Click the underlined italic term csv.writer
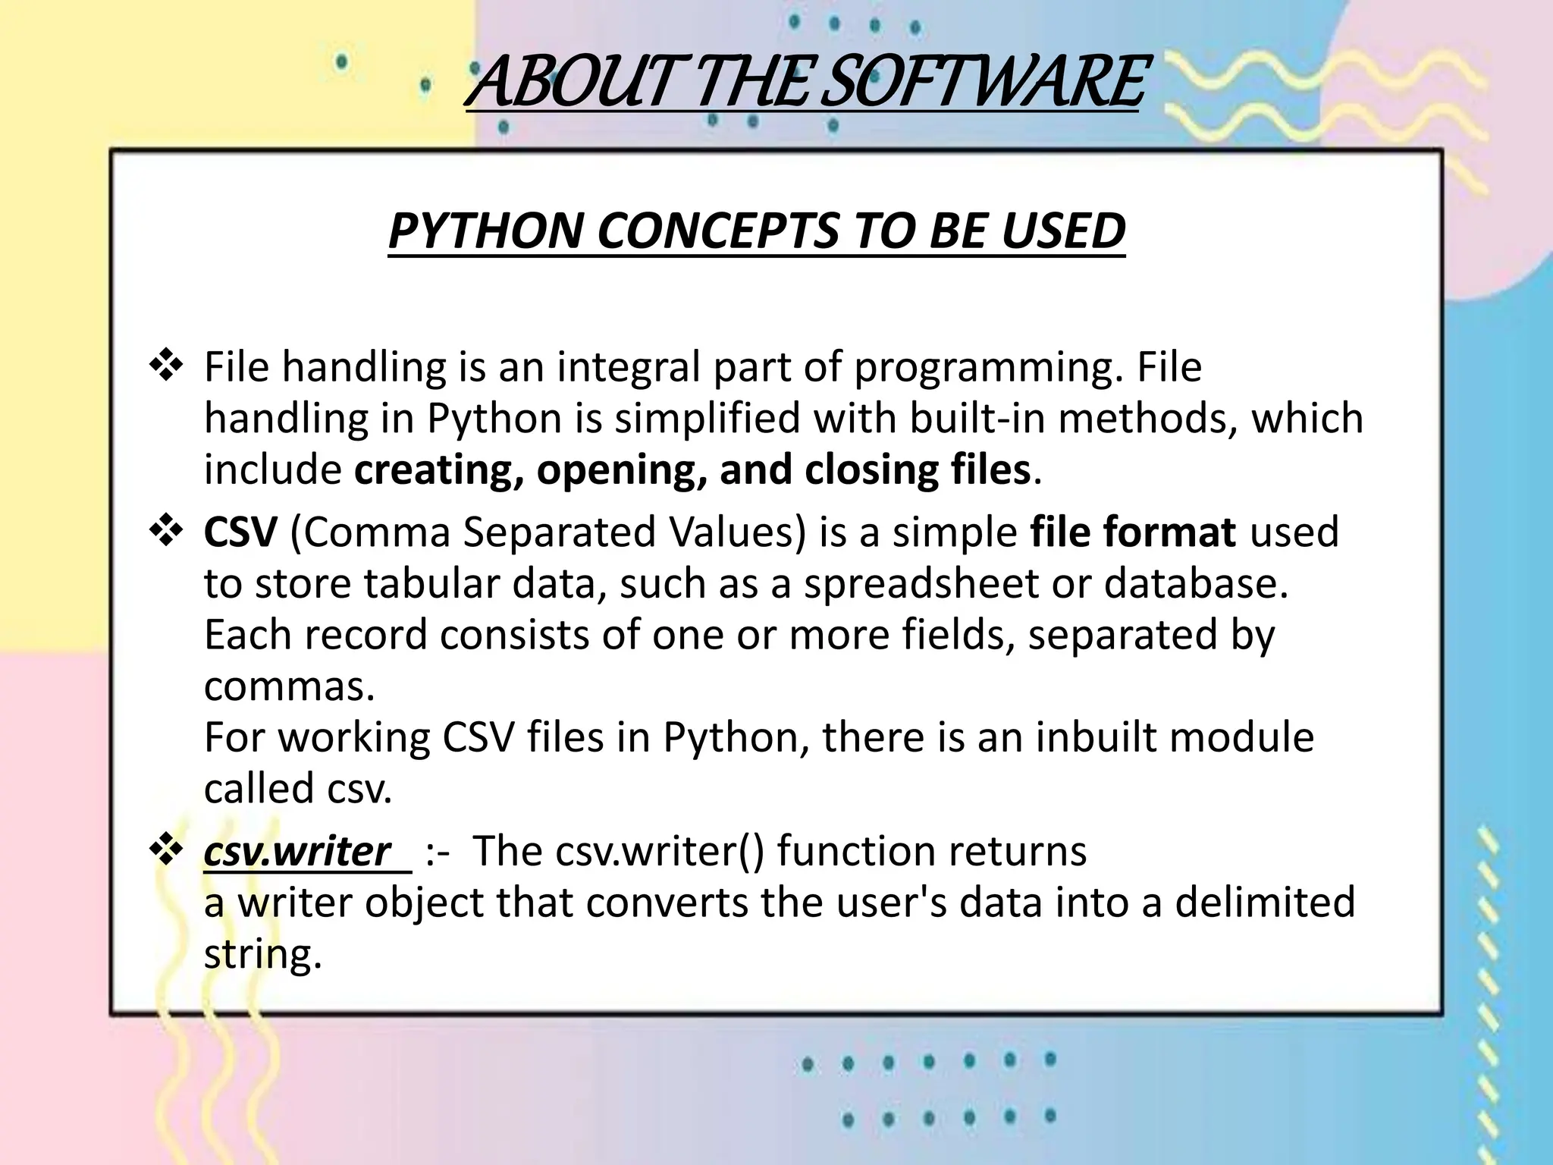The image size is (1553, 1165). point(297,851)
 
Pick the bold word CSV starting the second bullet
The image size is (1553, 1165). point(240,532)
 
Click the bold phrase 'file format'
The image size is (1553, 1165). point(1133,532)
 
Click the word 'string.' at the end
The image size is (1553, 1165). point(263,955)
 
